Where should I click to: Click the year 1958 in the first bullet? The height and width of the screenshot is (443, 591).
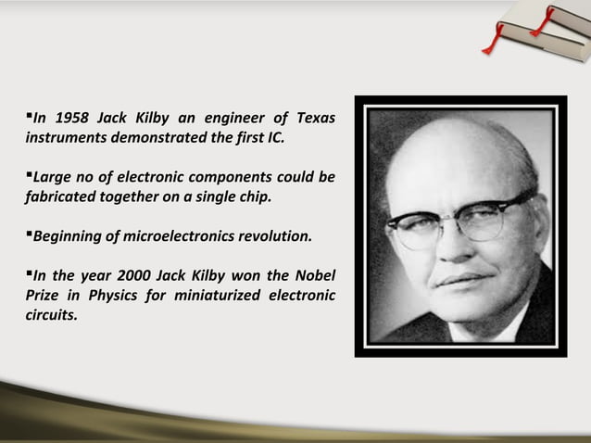70,120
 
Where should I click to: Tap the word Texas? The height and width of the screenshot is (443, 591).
316,120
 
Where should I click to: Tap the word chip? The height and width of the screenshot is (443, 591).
254,197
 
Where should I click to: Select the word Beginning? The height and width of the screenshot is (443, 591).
67,236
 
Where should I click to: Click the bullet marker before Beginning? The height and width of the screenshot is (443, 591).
29,234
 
